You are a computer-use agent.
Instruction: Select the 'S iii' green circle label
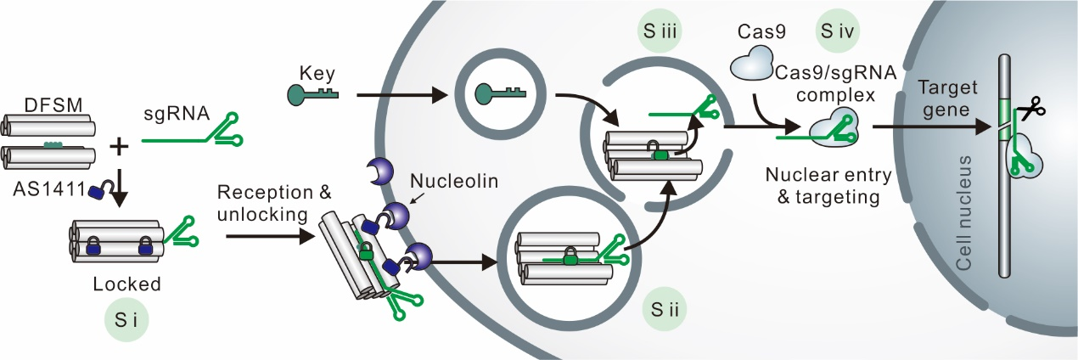tap(660, 34)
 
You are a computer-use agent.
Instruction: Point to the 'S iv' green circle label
tap(836, 34)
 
